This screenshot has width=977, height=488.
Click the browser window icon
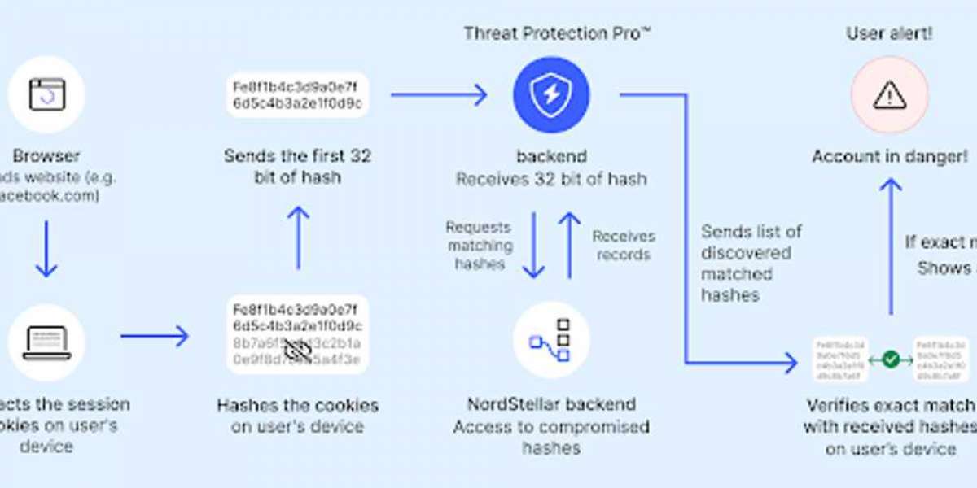pos(46,94)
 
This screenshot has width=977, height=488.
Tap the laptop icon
pos(46,341)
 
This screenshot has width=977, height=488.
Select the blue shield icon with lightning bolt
pos(551,94)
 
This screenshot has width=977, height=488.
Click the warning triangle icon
pos(889,94)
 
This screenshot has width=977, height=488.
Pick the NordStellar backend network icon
pos(551,341)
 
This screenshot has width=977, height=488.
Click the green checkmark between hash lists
pos(891,358)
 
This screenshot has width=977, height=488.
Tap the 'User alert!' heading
pos(889,33)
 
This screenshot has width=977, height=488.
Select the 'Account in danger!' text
pos(890,156)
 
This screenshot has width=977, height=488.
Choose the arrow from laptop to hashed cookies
pos(155,335)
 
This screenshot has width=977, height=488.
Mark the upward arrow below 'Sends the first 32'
pos(298,237)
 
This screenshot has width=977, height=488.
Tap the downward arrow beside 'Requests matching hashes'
pos(533,245)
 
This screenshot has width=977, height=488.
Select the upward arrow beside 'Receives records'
pos(570,245)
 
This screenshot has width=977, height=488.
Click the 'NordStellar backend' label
pos(551,404)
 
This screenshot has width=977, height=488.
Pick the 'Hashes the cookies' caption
pos(298,404)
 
